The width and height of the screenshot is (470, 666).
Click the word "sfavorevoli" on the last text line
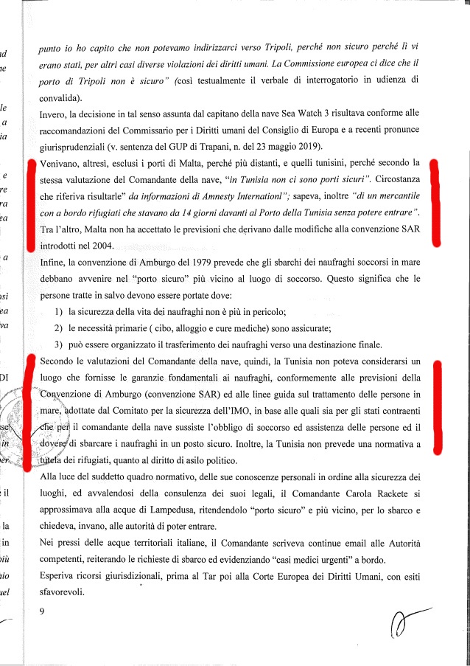pos(63,592)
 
